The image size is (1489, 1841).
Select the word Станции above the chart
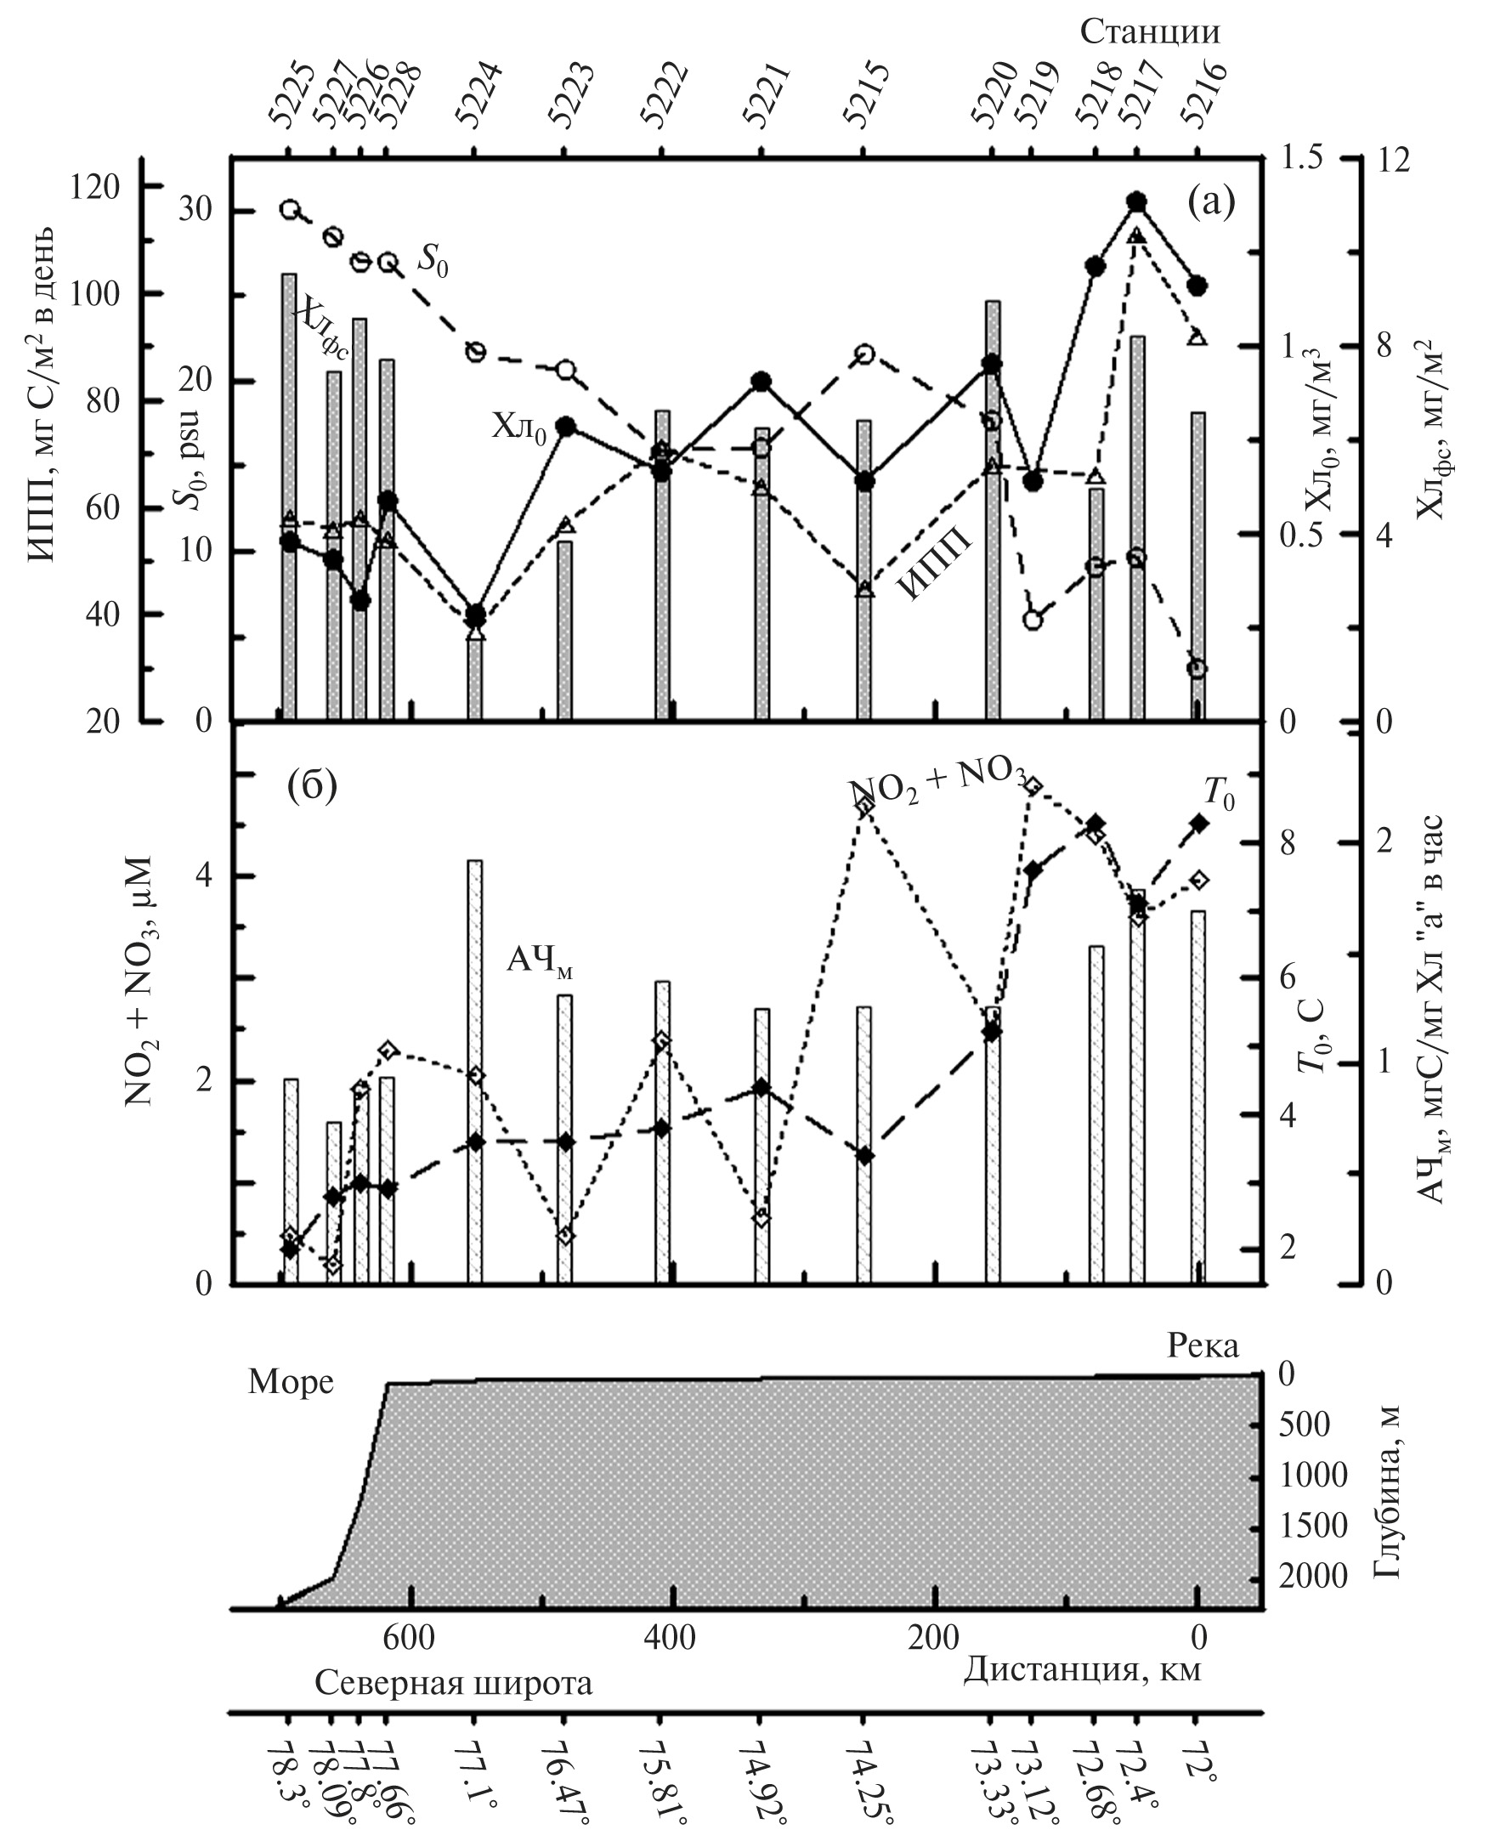pos(1148,32)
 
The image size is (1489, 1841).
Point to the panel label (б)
pos(311,786)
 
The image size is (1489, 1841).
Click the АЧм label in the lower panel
pos(539,961)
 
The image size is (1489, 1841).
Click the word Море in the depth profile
pos(291,1382)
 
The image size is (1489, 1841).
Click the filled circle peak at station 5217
pos(1137,201)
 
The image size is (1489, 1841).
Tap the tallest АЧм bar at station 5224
pos(475,1073)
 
